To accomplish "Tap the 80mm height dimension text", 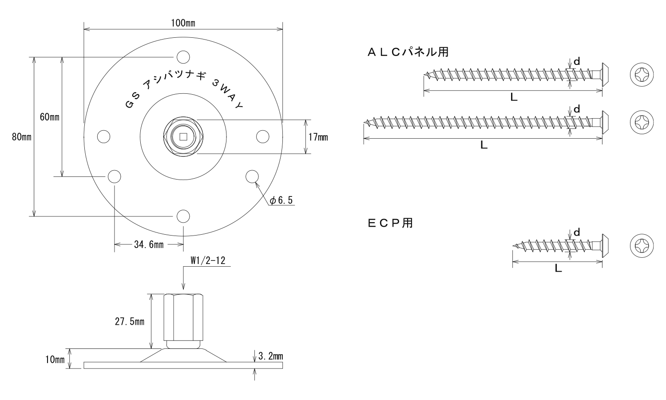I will pos(21,137).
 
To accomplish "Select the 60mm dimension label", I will pos(49,117).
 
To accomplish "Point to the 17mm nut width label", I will pos(318,137).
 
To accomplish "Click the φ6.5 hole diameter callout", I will pos(281,200).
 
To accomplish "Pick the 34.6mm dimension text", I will pos(148,244).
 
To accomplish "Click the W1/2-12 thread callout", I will pos(208,260).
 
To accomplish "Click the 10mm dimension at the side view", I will pos(55,360).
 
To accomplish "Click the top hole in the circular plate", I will pos(183,57).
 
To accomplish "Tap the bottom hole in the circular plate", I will pos(183,216).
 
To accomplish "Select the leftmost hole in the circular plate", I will pos(103,137).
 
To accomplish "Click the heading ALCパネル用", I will pos(408,52).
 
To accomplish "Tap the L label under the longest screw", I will pos(484,145).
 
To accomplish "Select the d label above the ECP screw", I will pos(577,232).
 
